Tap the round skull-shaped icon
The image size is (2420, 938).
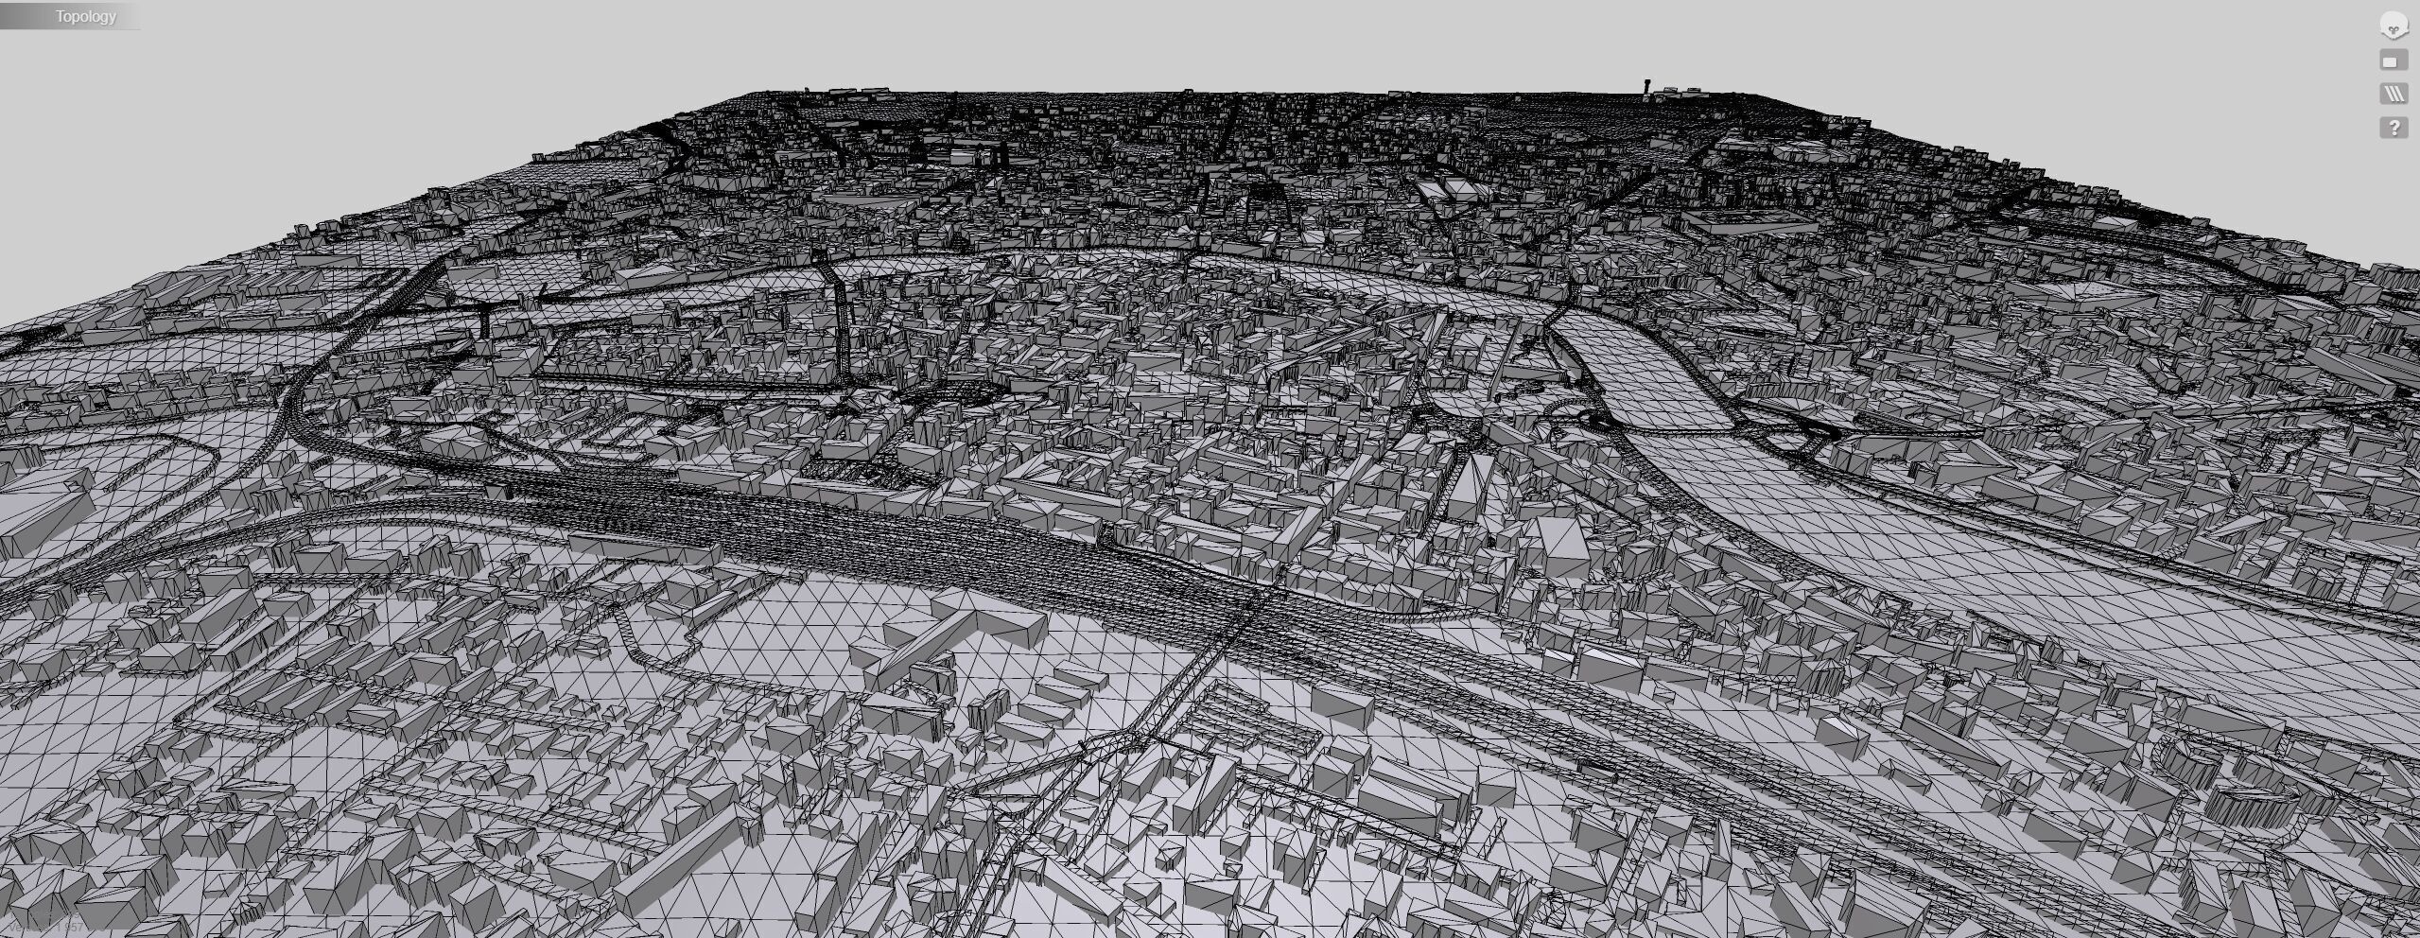[x=2394, y=26]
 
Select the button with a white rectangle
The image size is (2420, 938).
[x=2394, y=61]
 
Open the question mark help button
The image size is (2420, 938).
[x=2394, y=128]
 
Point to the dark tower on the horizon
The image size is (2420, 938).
[x=1647, y=88]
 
